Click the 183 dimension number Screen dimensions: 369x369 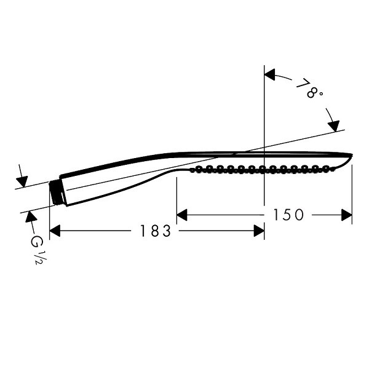tap(156, 231)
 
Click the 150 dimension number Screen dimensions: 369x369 tap(288, 215)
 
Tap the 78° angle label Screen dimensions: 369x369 tap(309, 89)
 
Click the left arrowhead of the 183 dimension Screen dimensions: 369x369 tap(55, 231)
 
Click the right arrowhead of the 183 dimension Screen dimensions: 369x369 tap(259, 231)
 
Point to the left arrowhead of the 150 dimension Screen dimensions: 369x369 tap(182, 215)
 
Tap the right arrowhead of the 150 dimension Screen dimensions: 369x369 tap(347, 215)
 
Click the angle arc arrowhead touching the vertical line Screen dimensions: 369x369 tap(270, 74)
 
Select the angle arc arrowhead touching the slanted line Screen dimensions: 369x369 tap(334, 126)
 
